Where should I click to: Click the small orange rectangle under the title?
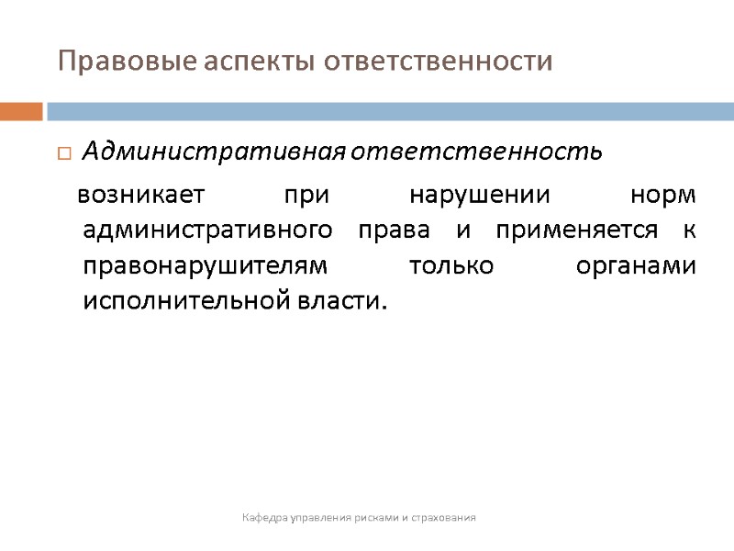tap(21, 111)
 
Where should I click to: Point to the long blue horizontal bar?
tap(390, 111)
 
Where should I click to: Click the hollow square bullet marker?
tap(63, 152)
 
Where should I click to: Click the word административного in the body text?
tap(206, 231)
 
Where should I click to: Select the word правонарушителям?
tap(205, 265)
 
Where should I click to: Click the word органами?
tap(635, 265)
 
